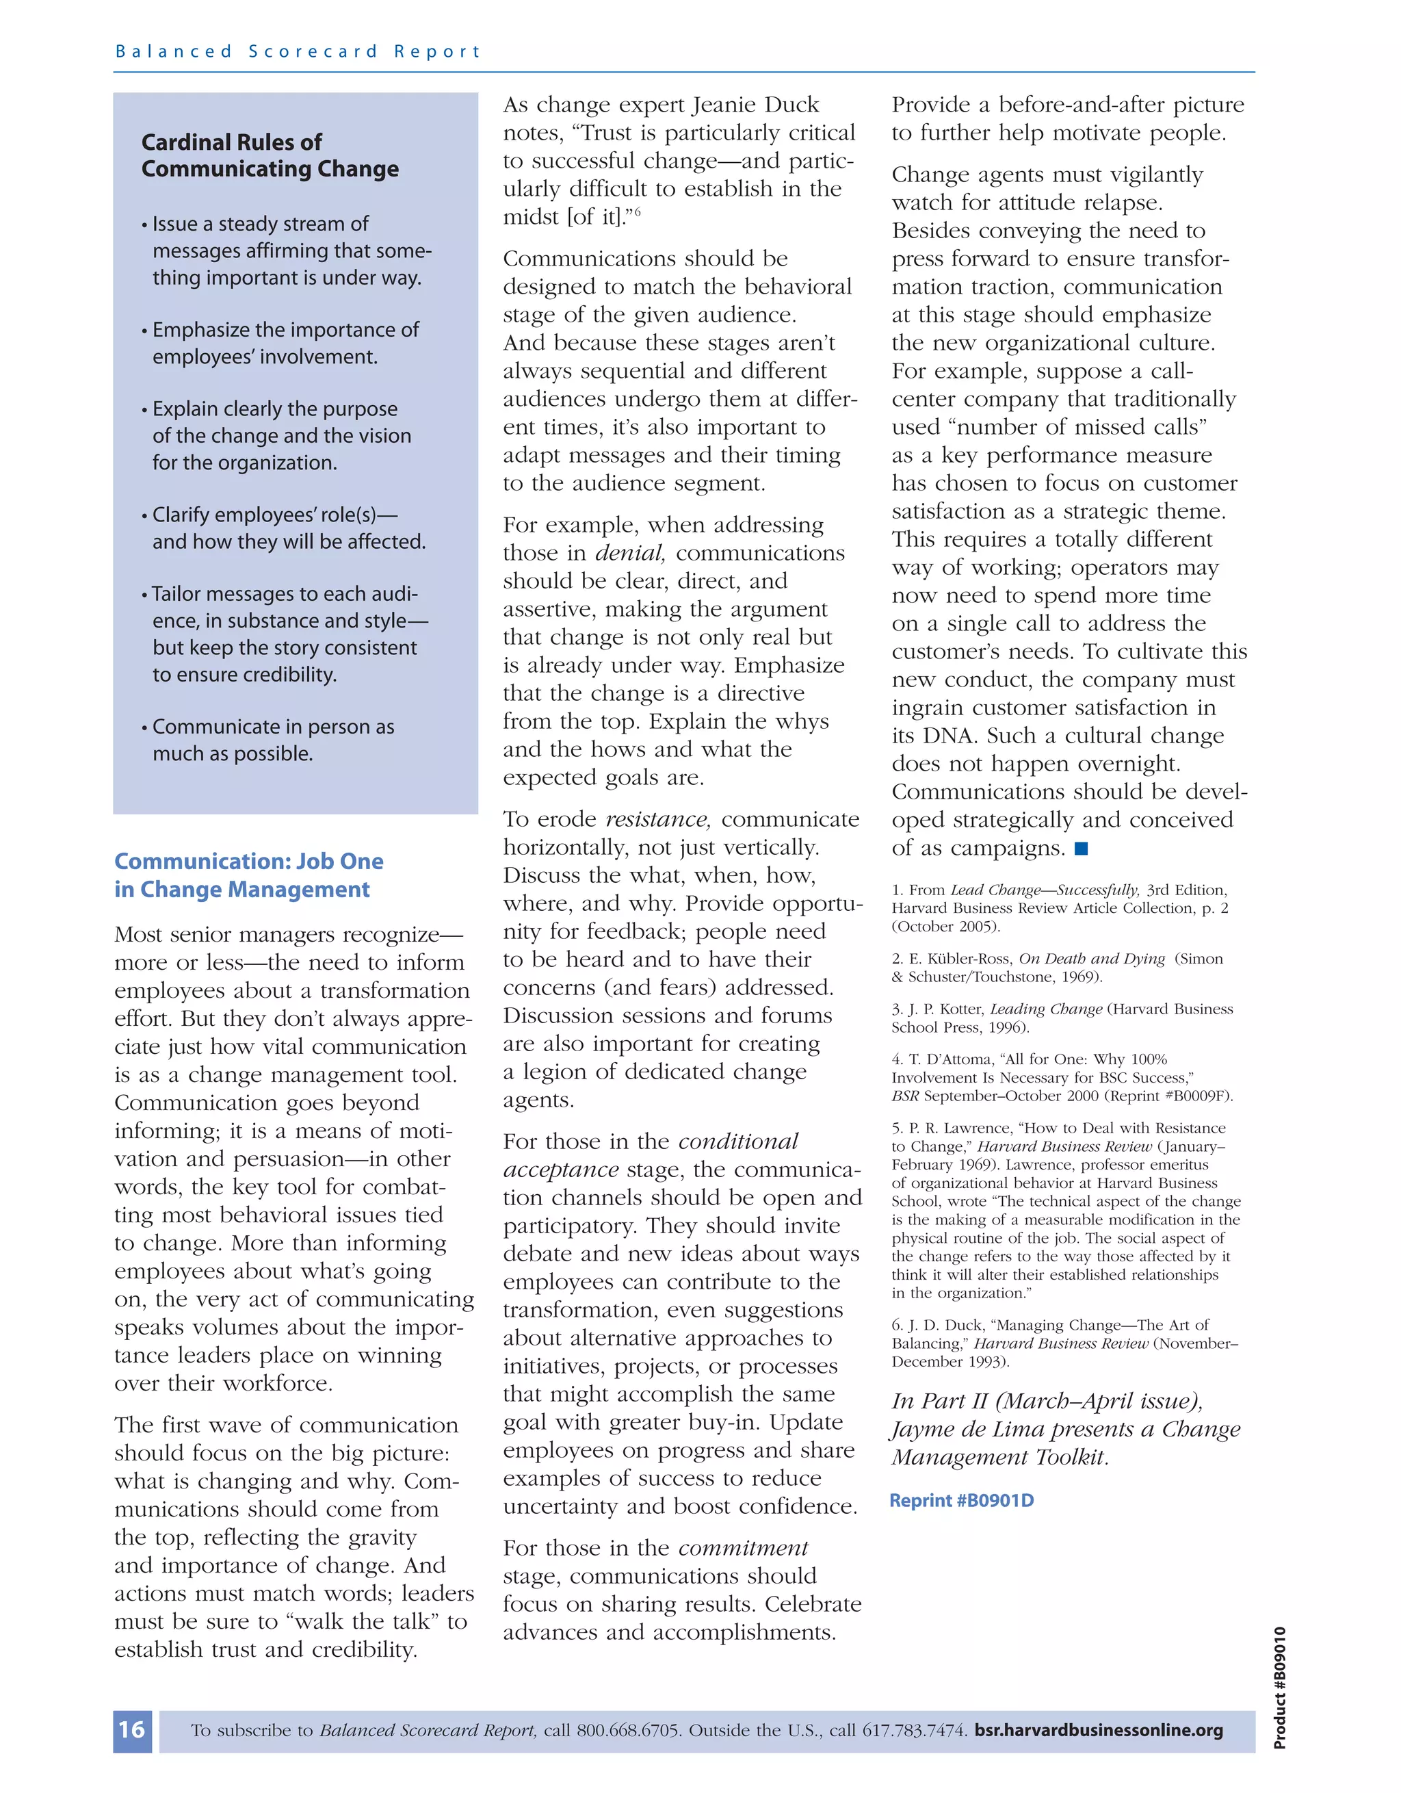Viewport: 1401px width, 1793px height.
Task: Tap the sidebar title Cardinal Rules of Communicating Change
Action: click(270, 155)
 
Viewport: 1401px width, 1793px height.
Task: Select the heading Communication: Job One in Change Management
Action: click(249, 875)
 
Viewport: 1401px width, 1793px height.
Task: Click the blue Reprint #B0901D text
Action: click(962, 1501)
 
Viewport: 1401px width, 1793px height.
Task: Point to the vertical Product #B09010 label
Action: click(1279, 1686)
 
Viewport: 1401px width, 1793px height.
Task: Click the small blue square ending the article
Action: click(1081, 848)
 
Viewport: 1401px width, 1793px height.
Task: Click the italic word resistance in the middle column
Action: click(657, 819)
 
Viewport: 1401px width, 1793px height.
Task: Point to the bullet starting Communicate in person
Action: click(272, 740)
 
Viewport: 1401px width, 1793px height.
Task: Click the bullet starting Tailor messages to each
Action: click(284, 634)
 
